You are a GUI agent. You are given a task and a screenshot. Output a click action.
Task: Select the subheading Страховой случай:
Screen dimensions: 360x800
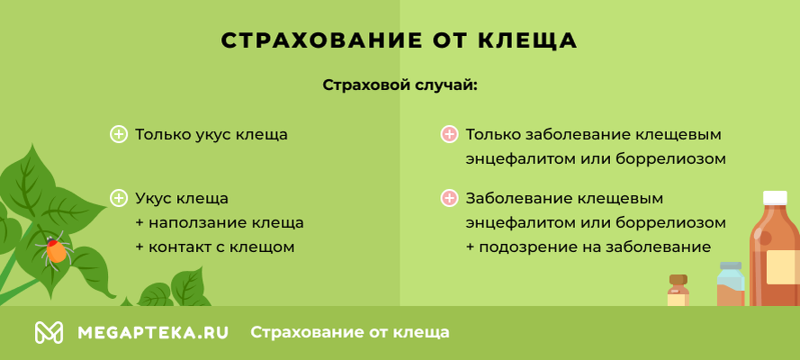coord(399,86)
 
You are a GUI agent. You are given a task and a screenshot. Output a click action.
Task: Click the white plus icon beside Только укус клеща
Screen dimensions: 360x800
coord(118,135)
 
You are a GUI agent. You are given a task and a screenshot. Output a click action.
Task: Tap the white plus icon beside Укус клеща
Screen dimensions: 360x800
coord(118,198)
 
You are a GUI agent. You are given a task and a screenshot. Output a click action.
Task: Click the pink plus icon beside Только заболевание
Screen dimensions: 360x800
coord(449,135)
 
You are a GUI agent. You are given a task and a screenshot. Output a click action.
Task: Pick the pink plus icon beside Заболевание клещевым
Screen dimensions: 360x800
coord(449,198)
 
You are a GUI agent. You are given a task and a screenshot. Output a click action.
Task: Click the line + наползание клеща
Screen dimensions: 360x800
coord(220,222)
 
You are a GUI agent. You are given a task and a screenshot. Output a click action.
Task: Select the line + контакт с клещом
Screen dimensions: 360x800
coord(214,247)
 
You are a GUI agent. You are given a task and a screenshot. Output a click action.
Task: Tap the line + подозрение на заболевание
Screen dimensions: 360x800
coord(589,247)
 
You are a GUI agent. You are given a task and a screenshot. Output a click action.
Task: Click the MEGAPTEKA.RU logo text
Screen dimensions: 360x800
coord(153,332)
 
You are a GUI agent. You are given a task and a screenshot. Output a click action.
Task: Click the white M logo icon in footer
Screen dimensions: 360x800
coord(49,332)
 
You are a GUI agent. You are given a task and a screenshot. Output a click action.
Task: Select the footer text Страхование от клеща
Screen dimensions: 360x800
coord(350,332)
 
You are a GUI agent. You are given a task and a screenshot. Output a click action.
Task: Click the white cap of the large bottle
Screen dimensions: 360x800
coord(775,198)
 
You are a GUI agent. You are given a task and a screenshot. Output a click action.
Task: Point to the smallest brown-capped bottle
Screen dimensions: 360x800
coord(679,291)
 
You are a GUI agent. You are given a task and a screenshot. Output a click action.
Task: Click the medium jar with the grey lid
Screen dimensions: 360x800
coord(731,283)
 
